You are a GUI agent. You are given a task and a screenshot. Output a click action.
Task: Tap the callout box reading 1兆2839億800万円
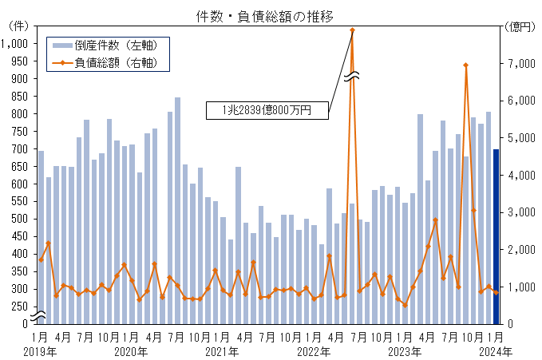(267, 111)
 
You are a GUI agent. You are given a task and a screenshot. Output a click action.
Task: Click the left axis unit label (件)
(18, 26)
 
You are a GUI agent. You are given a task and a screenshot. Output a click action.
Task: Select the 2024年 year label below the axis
(496, 351)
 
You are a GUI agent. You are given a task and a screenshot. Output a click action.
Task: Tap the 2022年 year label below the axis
(313, 351)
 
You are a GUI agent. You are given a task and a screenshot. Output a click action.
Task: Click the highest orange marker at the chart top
(352, 30)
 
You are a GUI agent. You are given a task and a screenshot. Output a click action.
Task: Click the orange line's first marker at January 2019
(41, 259)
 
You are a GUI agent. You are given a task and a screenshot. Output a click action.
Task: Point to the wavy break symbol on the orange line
(352, 77)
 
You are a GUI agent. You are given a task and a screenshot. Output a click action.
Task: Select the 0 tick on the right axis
(512, 324)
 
